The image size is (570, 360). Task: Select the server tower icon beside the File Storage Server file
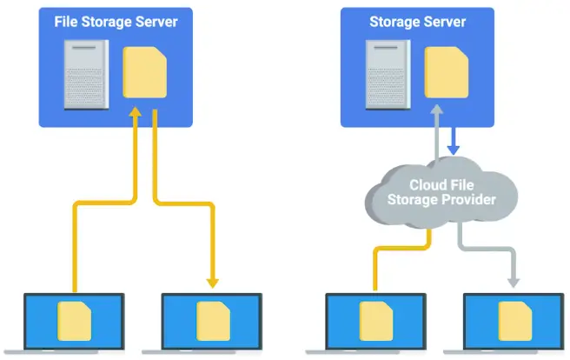87,76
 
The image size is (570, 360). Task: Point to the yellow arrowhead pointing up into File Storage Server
135,115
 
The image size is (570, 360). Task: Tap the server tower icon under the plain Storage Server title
385,76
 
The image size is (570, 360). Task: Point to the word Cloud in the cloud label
428,184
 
